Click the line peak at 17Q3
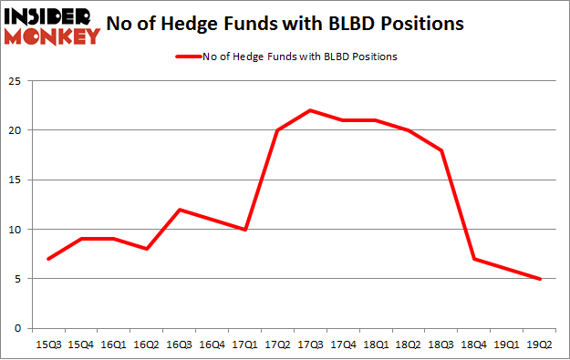click(312, 110)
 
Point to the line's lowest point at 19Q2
click(541, 279)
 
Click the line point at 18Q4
click(473, 259)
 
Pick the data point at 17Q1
click(244, 230)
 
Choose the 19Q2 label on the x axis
click(541, 345)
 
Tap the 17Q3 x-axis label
click(312, 345)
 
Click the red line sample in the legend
click(188, 57)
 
